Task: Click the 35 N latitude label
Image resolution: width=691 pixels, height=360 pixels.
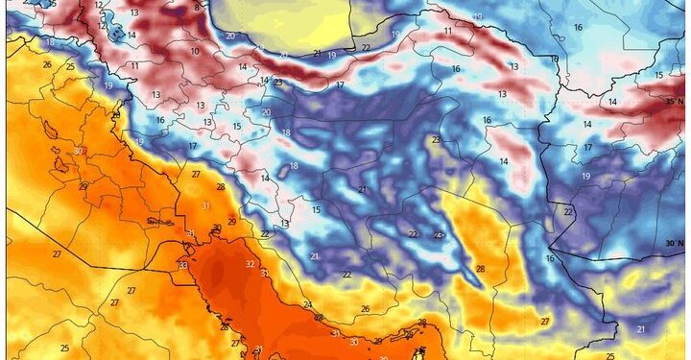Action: (673, 100)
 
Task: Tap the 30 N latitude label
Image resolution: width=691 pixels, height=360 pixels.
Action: (673, 245)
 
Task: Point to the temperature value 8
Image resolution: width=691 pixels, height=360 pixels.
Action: (197, 8)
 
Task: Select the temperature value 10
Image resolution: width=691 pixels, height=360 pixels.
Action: (195, 51)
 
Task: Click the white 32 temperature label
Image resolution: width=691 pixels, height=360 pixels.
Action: (250, 264)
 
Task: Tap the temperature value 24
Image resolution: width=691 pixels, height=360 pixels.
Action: (307, 305)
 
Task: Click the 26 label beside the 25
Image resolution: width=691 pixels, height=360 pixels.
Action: (46, 64)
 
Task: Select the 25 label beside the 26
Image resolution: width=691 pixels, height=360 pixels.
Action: (70, 66)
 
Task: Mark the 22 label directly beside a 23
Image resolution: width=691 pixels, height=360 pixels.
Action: (413, 234)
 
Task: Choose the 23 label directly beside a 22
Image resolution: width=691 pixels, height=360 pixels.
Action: (439, 234)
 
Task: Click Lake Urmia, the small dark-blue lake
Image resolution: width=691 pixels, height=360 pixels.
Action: (116, 33)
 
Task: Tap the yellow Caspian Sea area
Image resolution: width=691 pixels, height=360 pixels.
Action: (278, 19)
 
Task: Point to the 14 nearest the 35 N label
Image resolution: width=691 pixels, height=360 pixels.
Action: (612, 102)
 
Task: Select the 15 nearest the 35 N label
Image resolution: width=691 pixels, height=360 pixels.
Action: (658, 75)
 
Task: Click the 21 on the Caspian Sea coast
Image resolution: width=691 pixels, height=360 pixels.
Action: (318, 54)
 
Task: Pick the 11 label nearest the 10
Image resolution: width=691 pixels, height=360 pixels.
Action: (134, 65)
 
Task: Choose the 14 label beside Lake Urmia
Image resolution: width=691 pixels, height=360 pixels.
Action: (131, 36)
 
